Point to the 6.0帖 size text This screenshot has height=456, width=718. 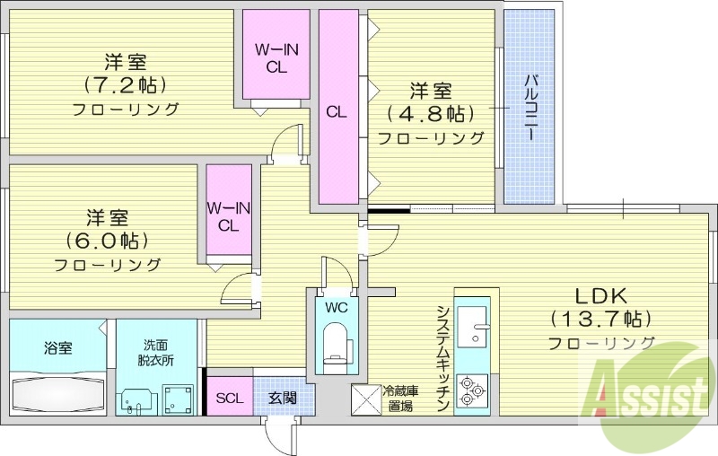click(x=107, y=241)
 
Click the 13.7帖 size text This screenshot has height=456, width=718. click(x=600, y=319)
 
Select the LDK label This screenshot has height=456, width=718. click(x=600, y=295)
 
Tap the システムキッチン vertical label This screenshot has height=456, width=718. click(x=442, y=359)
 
